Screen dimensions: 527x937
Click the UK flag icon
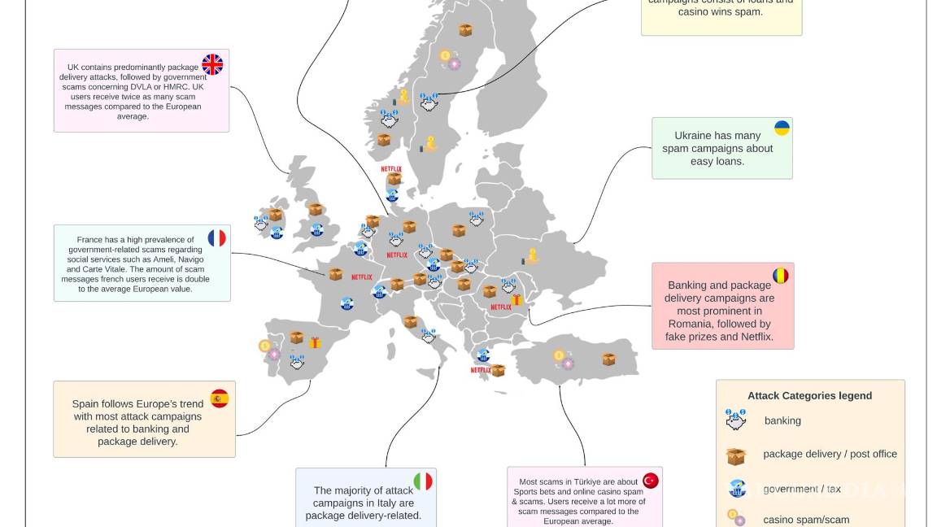click(x=212, y=65)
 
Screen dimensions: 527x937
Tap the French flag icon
click(x=216, y=238)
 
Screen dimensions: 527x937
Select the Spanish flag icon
click(x=220, y=399)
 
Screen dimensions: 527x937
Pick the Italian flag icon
click(x=423, y=481)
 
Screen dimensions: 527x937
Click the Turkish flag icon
click(x=650, y=481)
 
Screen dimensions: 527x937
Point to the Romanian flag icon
click(x=781, y=276)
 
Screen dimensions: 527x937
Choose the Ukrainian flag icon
click(x=782, y=128)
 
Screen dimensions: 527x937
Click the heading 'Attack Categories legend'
click(x=809, y=396)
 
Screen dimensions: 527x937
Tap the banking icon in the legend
click(x=736, y=420)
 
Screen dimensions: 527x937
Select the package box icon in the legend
click(x=736, y=455)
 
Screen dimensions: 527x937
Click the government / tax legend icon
click(x=737, y=489)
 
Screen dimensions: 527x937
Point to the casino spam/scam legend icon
click(x=736, y=518)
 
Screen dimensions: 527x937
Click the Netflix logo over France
click(x=362, y=277)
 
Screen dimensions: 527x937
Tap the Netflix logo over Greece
click(x=481, y=370)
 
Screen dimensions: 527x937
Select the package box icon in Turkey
click(x=608, y=359)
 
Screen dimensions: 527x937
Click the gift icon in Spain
click(x=315, y=343)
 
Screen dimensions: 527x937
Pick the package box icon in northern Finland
click(x=465, y=30)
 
